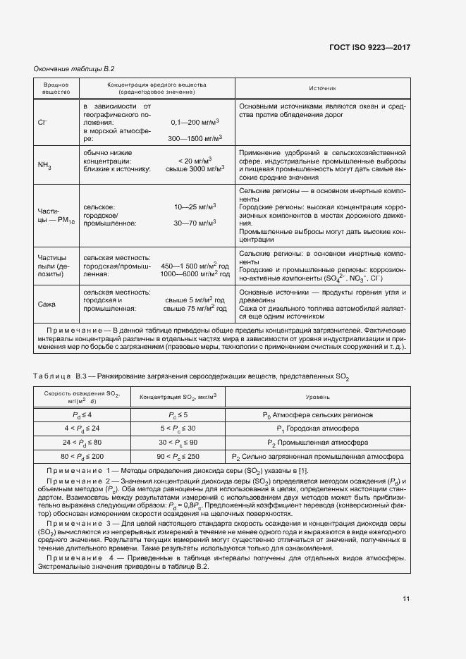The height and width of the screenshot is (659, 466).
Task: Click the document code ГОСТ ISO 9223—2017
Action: coord(370,47)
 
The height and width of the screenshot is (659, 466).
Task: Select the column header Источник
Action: coord(322,88)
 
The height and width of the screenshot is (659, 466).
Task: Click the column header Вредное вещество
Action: coord(56,88)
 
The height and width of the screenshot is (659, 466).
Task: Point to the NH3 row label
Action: coord(44,165)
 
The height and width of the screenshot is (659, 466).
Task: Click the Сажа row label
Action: coord(47,304)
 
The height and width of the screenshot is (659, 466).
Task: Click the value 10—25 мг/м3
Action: coord(195,207)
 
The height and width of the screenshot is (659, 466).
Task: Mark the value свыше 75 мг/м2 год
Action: coord(195,308)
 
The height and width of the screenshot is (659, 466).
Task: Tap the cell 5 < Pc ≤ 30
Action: coord(182,429)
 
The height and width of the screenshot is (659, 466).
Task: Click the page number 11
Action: coord(405,599)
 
